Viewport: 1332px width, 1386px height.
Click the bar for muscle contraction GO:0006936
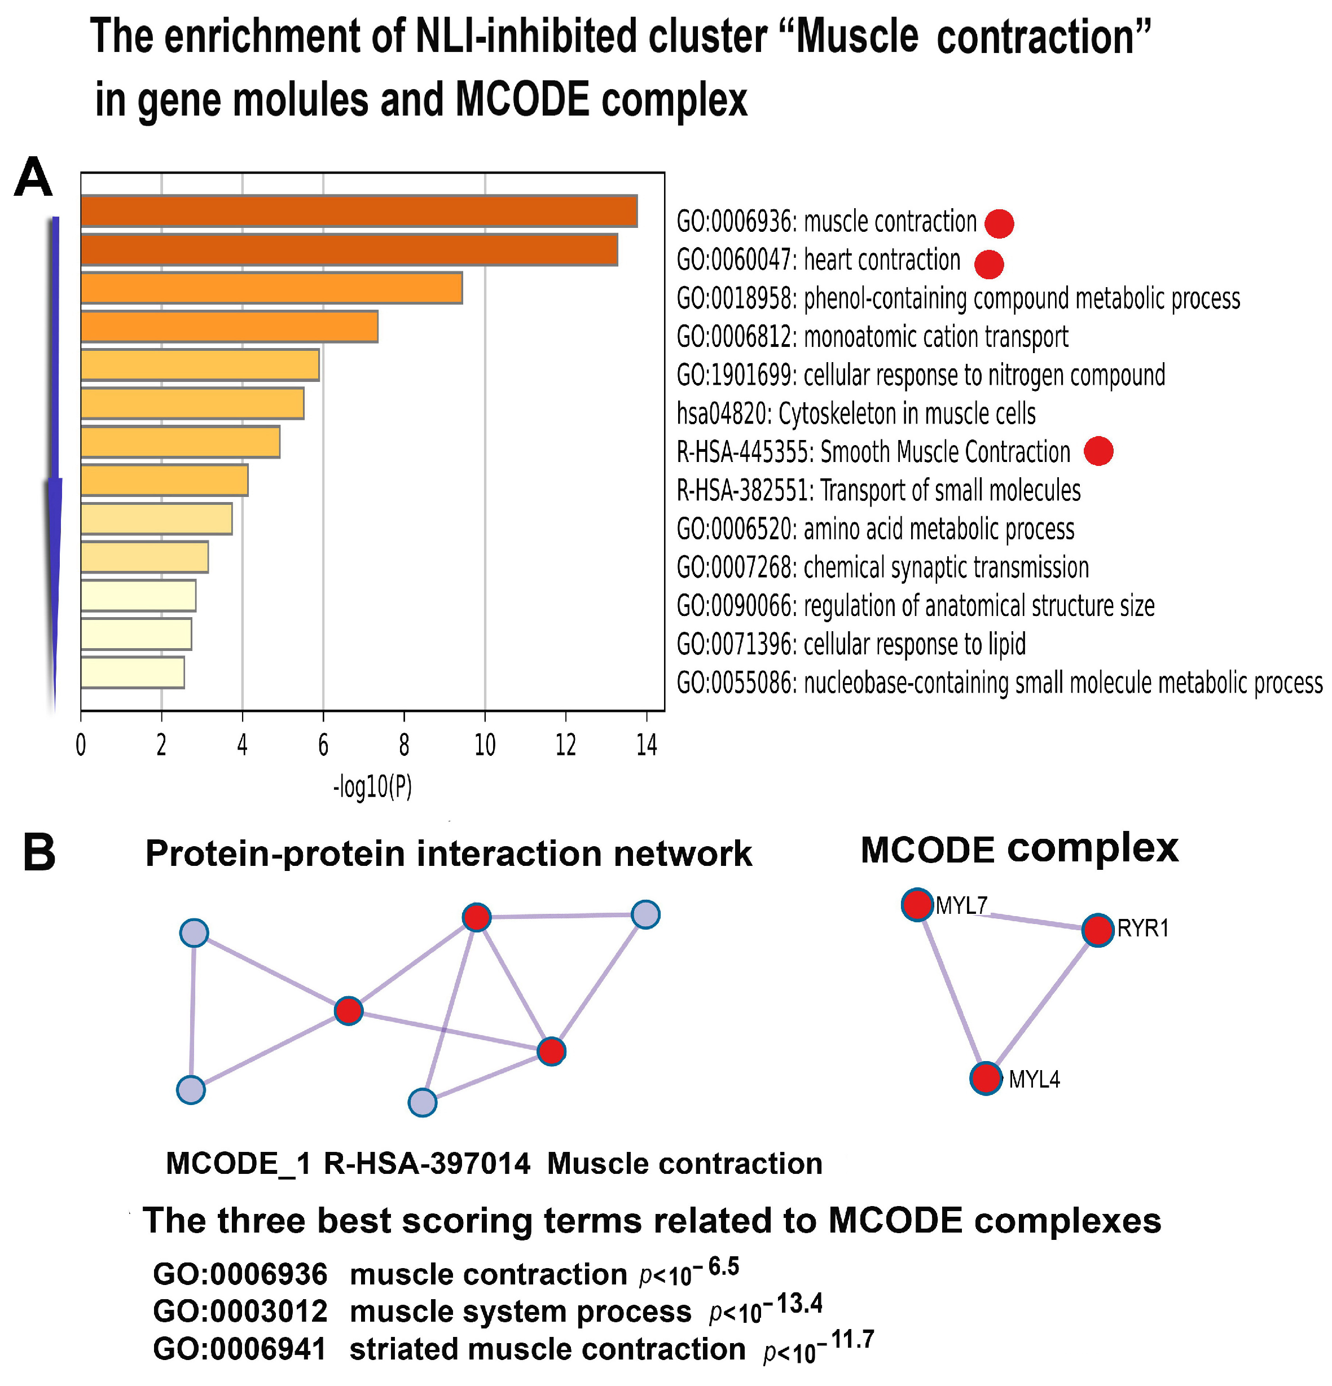point(359,211)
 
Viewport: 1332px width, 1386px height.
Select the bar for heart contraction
point(349,250)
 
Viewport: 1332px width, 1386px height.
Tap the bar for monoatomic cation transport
point(229,327)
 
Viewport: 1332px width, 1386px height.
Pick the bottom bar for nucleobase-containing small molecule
point(132,672)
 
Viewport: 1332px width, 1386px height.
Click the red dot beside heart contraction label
point(988,265)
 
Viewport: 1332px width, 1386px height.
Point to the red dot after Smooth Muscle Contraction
point(1098,451)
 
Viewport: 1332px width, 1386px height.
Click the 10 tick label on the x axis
point(485,745)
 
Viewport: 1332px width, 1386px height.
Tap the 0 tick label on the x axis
point(81,745)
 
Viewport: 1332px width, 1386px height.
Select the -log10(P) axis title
point(373,787)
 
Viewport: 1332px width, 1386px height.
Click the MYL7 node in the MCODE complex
point(917,904)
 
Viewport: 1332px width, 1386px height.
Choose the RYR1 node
point(1098,930)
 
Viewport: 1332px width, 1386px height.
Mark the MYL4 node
point(986,1079)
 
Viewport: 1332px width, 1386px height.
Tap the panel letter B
point(39,852)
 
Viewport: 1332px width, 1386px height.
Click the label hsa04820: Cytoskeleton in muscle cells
point(856,413)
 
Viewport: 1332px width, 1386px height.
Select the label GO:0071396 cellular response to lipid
point(851,644)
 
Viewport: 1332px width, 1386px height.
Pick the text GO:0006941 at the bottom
point(240,1349)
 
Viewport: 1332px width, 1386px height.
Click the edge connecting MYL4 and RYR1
point(1042,1004)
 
